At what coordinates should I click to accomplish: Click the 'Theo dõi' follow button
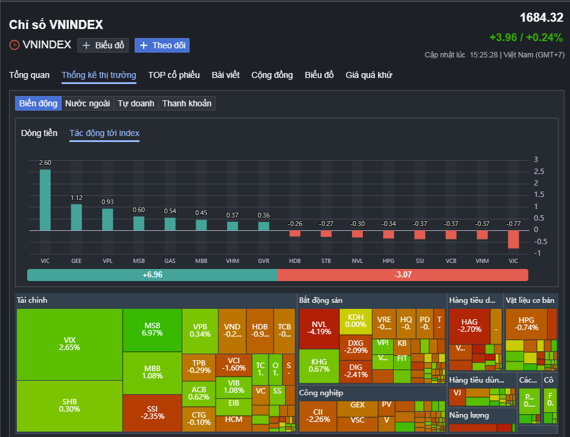click(x=162, y=45)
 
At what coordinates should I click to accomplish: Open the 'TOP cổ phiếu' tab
click(x=174, y=75)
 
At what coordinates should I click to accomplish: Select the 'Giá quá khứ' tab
click(x=368, y=75)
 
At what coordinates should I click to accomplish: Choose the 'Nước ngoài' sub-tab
click(x=88, y=103)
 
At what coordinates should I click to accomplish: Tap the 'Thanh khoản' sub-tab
click(x=187, y=103)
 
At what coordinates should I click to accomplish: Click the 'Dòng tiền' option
click(x=39, y=133)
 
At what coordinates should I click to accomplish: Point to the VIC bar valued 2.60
click(x=45, y=199)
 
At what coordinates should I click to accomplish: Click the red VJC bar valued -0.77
click(x=513, y=239)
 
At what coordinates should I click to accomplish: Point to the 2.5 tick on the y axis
click(x=539, y=172)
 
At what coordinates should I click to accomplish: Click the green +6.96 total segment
click(x=152, y=275)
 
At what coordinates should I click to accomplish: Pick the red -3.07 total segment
click(x=403, y=275)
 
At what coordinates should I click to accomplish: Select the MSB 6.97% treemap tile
click(x=152, y=329)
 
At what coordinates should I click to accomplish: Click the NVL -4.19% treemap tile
click(x=318, y=328)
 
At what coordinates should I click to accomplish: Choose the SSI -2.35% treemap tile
click(x=152, y=413)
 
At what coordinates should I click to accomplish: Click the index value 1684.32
click(x=541, y=18)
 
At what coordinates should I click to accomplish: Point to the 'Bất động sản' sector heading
click(x=321, y=300)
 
